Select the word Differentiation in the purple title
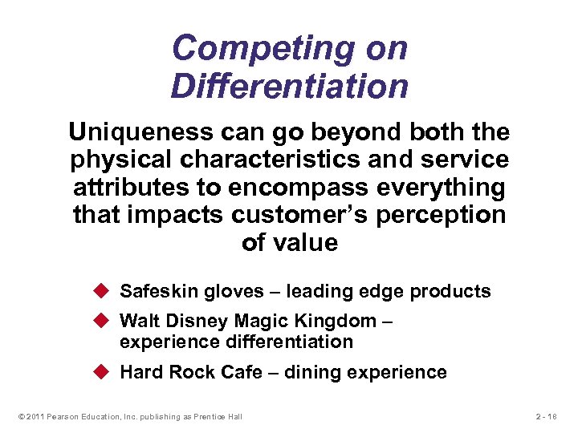(x=289, y=86)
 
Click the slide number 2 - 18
(x=547, y=416)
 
